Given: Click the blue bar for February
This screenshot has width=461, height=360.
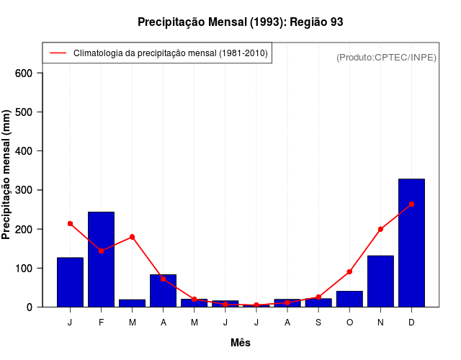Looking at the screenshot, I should [101, 259].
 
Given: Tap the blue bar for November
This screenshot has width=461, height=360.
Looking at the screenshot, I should [380, 281].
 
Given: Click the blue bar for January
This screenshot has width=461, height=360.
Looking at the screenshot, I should [70, 282].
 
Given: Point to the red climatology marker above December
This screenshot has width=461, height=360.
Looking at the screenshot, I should [411, 204].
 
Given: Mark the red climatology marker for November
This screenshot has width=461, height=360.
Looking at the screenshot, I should [380, 229].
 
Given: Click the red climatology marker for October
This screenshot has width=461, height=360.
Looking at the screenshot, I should [349, 271].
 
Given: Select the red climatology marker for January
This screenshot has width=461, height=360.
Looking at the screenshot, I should [70, 223].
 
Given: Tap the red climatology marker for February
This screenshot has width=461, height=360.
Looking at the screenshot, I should [101, 251].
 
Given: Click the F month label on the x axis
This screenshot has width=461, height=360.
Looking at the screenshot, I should [101, 322].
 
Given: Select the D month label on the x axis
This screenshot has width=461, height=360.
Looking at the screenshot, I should [411, 322].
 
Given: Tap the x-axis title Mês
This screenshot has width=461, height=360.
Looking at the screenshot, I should [241, 343].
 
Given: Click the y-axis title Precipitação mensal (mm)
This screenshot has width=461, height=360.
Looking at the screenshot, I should [8, 180].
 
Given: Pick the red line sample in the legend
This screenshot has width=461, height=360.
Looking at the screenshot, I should [58, 53].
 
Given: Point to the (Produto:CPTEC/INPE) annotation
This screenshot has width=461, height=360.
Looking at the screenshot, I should [386, 57].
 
